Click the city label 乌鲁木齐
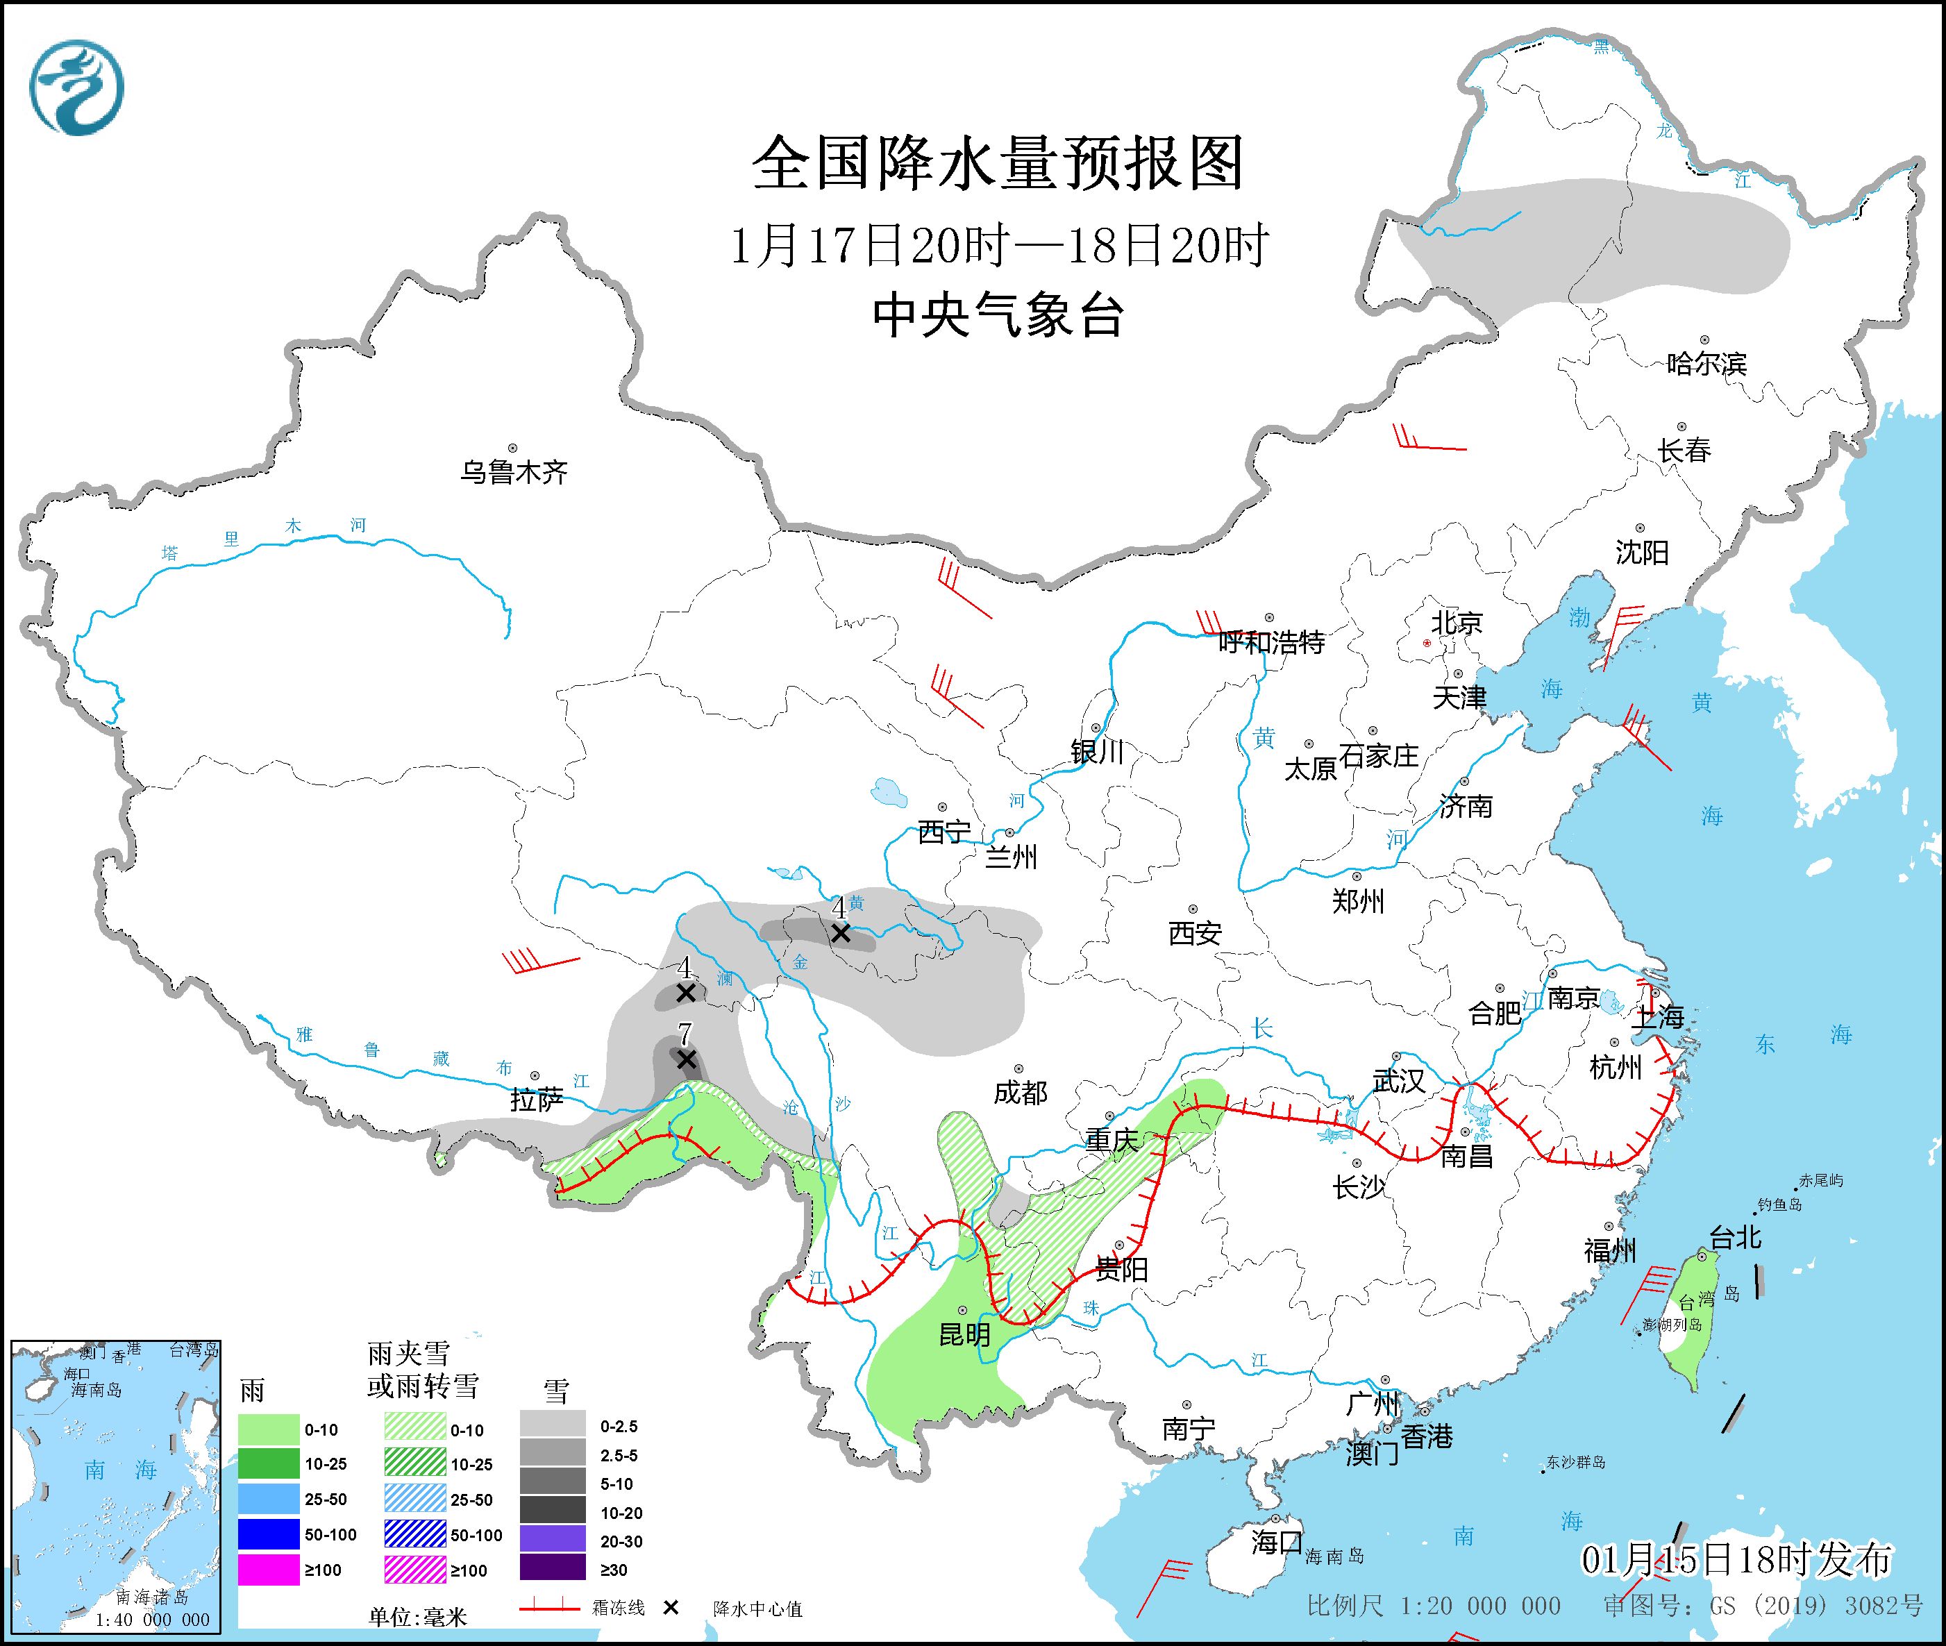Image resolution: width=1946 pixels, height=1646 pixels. [513, 472]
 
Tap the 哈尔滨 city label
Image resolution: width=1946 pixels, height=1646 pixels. [1705, 363]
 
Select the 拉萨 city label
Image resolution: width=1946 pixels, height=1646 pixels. [537, 1100]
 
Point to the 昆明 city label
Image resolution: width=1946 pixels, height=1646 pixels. [964, 1335]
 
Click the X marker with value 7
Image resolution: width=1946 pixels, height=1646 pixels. [686, 1060]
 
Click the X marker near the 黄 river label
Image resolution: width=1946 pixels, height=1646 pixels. [840, 932]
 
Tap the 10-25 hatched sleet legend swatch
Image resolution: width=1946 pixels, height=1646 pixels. [414, 1464]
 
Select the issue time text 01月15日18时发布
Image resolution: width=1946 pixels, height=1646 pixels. [1736, 1559]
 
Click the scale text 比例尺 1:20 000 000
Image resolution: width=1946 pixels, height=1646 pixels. [1433, 1606]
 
